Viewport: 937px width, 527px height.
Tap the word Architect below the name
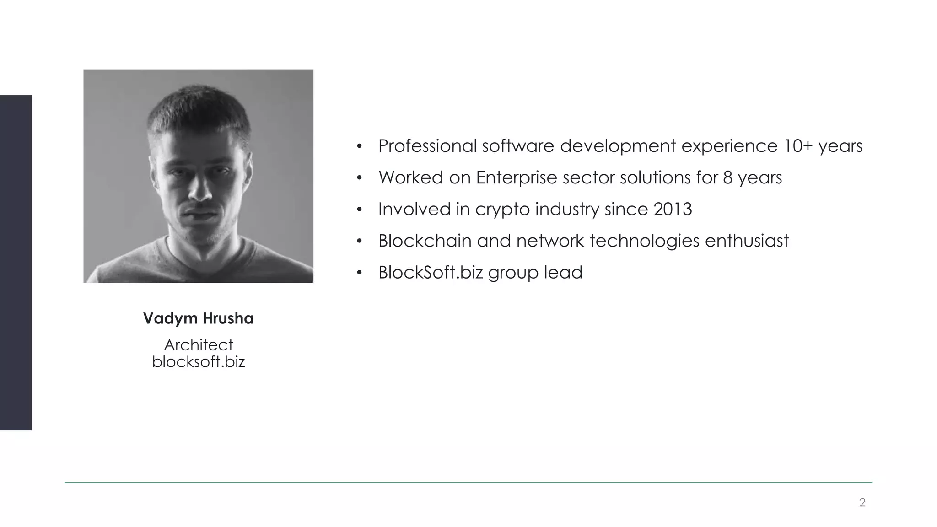click(199, 344)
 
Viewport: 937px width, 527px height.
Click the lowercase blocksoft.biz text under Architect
click(199, 362)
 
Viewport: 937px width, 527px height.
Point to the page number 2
click(862, 503)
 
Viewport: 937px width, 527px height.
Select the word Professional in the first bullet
click(427, 146)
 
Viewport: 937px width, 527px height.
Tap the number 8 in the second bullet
click(728, 177)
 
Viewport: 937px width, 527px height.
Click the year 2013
click(673, 209)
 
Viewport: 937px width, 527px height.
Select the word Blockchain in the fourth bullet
click(425, 241)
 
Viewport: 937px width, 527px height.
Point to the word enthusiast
click(747, 241)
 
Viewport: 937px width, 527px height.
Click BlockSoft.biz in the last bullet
click(430, 272)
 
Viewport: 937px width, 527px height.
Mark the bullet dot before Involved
click(360, 210)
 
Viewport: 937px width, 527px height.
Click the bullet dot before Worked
click(360, 178)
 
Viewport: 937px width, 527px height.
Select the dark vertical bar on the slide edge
click(16, 263)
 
